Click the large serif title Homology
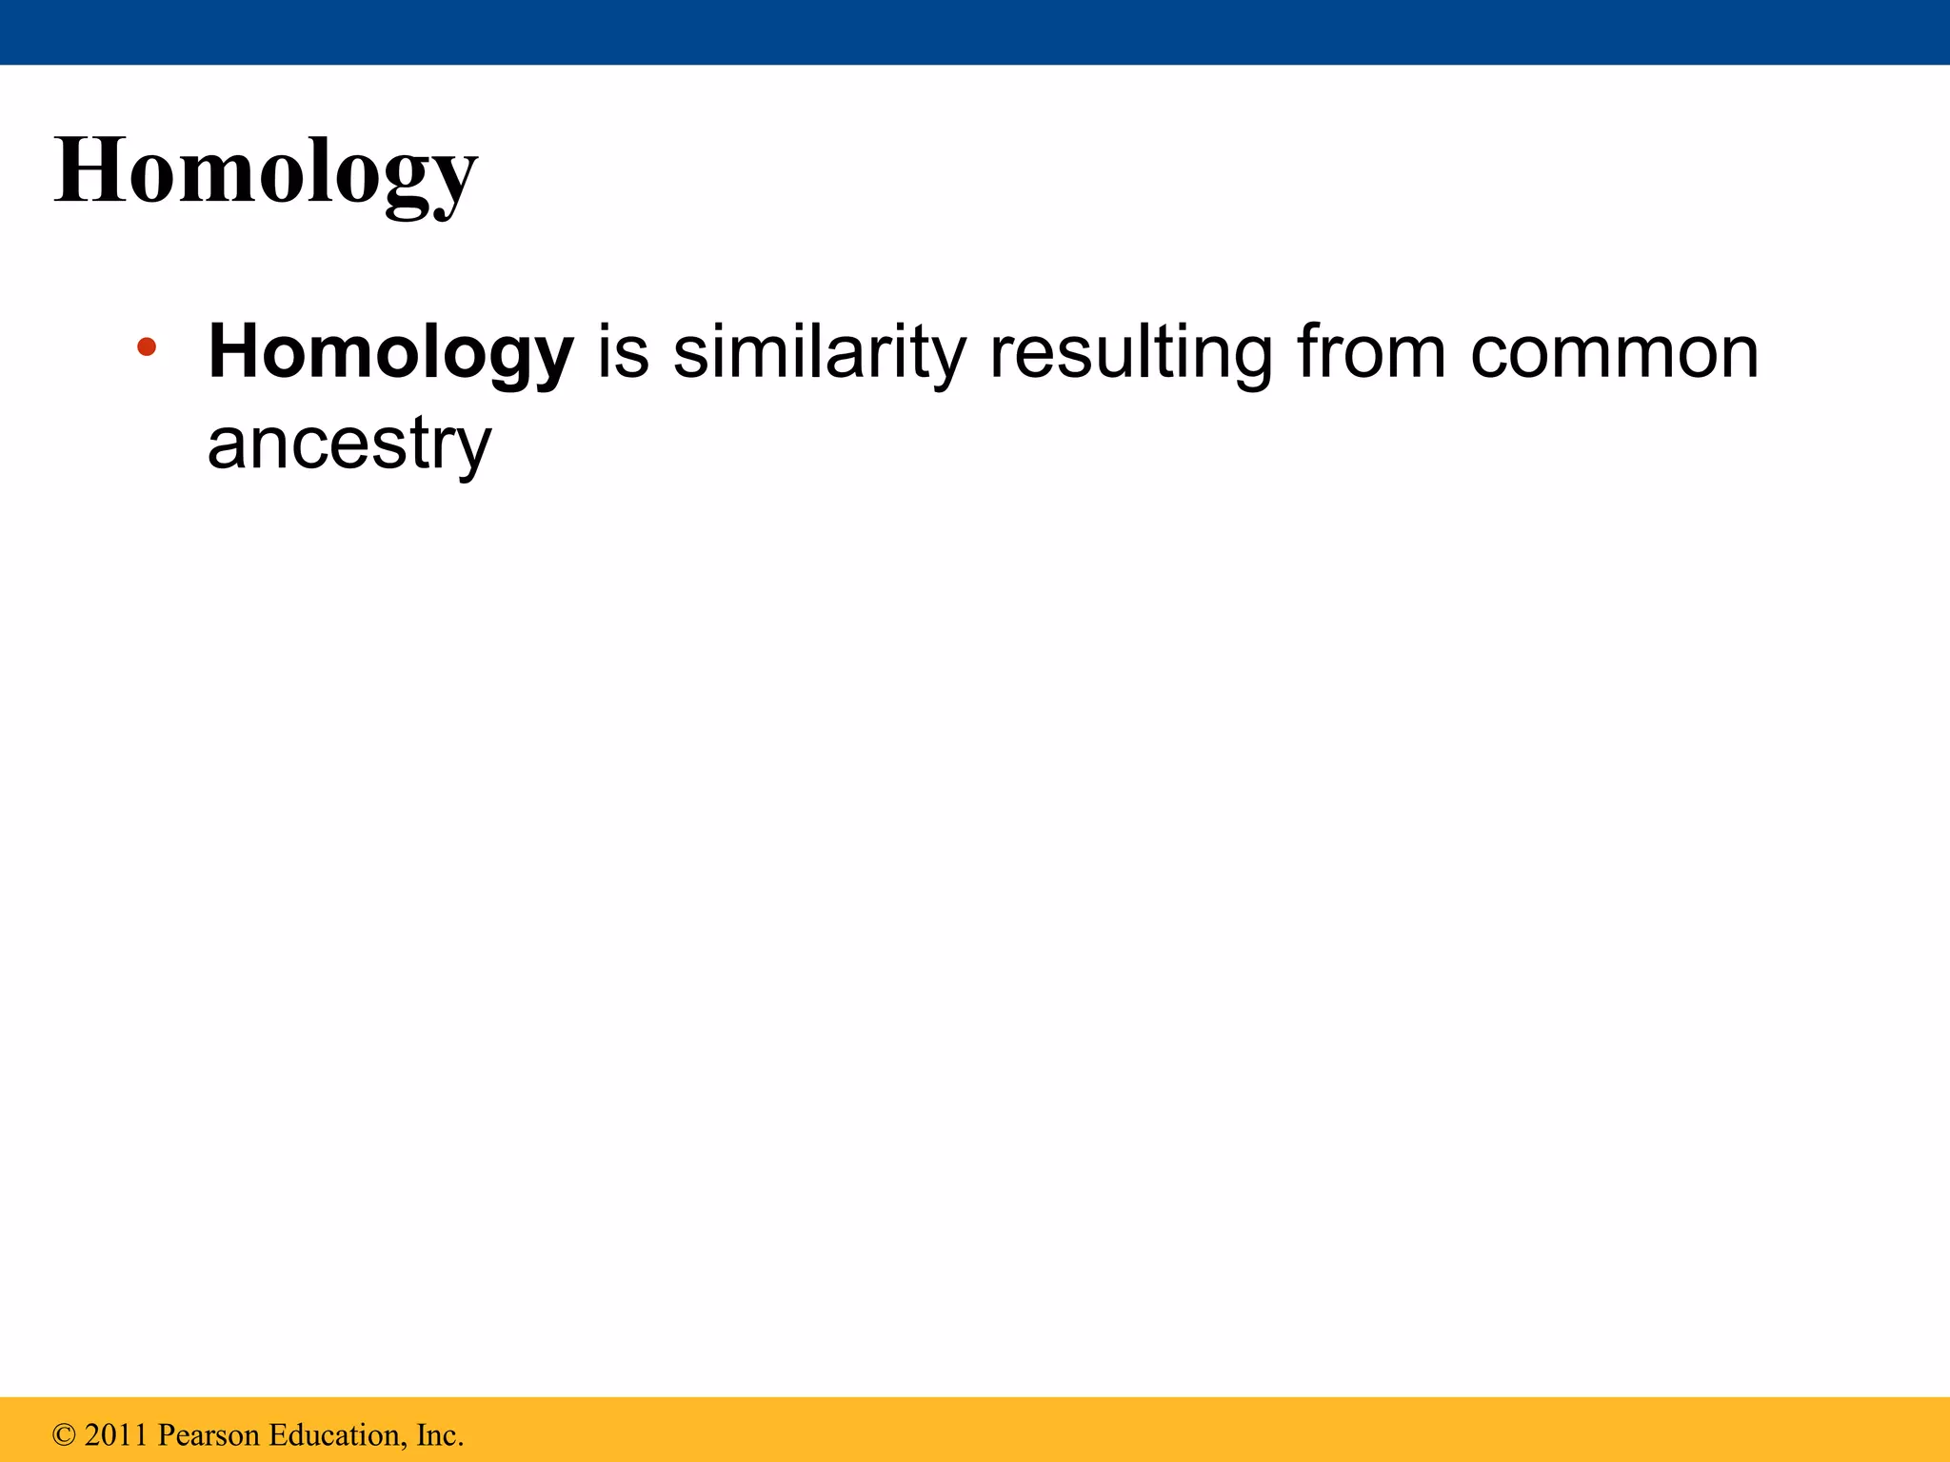[x=266, y=172]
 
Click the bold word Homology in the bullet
[x=390, y=353]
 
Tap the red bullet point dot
[x=146, y=346]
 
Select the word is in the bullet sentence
[x=623, y=352]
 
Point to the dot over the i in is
[x=605, y=326]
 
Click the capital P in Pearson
[x=166, y=1434]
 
